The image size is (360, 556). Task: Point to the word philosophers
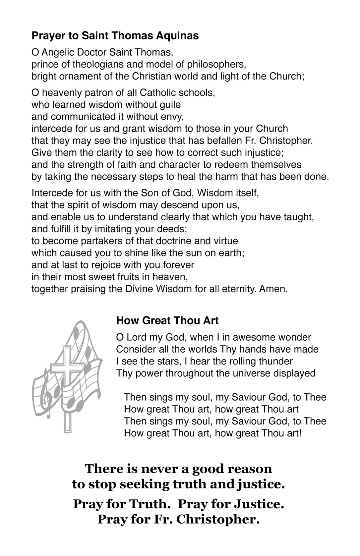(216, 64)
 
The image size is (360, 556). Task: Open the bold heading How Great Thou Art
(167, 321)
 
